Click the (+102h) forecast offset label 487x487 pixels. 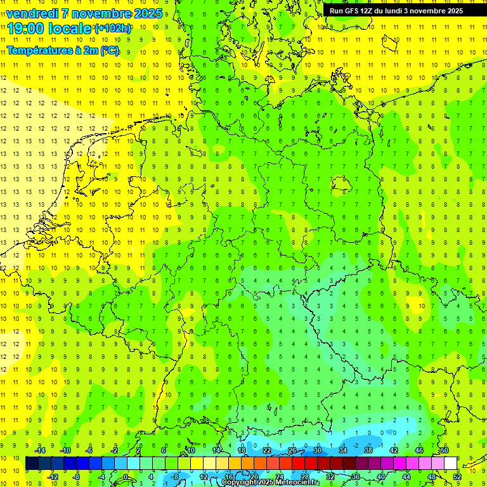click(x=113, y=29)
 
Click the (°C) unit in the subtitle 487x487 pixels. click(x=108, y=51)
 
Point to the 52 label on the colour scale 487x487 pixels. click(x=457, y=476)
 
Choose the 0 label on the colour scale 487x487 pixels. click(x=126, y=476)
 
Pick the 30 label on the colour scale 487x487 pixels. click(x=318, y=450)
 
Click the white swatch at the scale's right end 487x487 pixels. click(x=451, y=464)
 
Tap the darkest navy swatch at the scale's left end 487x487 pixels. click(x=32, y=464)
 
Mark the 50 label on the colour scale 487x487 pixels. click(x=445, y=450)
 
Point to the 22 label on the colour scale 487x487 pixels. click(x=267, y=450)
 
